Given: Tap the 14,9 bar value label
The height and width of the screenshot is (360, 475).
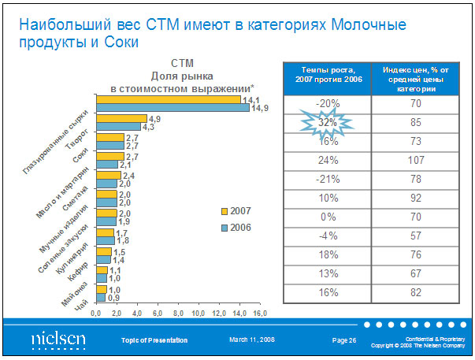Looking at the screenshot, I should [259, 108].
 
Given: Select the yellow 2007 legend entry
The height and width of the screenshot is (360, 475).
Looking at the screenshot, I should [237, 211].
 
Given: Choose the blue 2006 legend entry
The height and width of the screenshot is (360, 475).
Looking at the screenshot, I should [237, 227].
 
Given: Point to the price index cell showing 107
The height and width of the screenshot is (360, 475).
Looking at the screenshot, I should [416, 160].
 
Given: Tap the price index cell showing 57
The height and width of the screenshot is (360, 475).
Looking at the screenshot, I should [416, 236].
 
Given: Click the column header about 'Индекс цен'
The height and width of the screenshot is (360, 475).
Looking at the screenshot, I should [416, 76].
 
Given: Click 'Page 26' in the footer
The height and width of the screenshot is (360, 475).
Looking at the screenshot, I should [344, 340].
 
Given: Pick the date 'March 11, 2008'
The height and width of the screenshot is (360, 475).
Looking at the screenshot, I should [252, 340].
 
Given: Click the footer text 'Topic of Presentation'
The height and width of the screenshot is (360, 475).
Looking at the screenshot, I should [154, 340].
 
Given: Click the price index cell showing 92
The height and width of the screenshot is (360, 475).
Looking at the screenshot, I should [416, 198].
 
